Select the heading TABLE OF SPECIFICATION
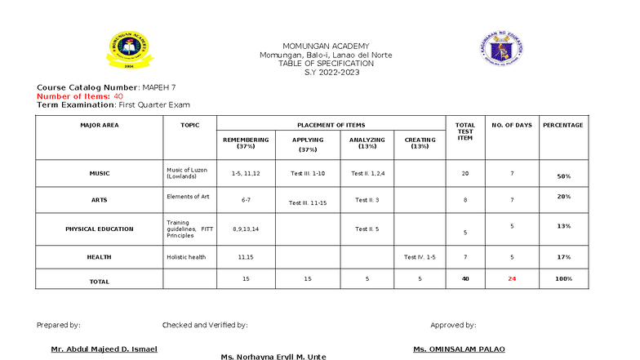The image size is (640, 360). click(x=326, y=63)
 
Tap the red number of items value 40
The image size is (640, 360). click(x=118, y=96)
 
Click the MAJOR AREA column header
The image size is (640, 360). click(x=99, y=125)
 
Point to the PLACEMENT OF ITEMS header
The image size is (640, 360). click(x=332, y=125)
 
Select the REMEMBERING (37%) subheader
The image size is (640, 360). click(x=246, y=143)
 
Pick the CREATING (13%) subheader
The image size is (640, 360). click(x=420, y=143)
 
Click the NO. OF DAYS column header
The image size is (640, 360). click(x=512, y=125)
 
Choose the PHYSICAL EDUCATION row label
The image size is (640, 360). click(x=99, y=229)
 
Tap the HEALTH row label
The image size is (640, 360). click(x=99, y=257)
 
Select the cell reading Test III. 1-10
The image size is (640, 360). click(x=308, y=173)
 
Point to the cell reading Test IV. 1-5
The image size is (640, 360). click(x=420, y=257)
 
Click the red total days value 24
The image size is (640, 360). click(x=512, y=278)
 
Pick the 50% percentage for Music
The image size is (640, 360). click(x=563, y=176)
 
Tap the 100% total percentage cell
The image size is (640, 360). click(x=563, y=278)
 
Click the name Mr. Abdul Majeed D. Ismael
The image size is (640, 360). click(x=104, y=349)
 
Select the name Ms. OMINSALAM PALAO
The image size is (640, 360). click(x=459, y=349)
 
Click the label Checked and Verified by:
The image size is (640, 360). click(x=205, y=325)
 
